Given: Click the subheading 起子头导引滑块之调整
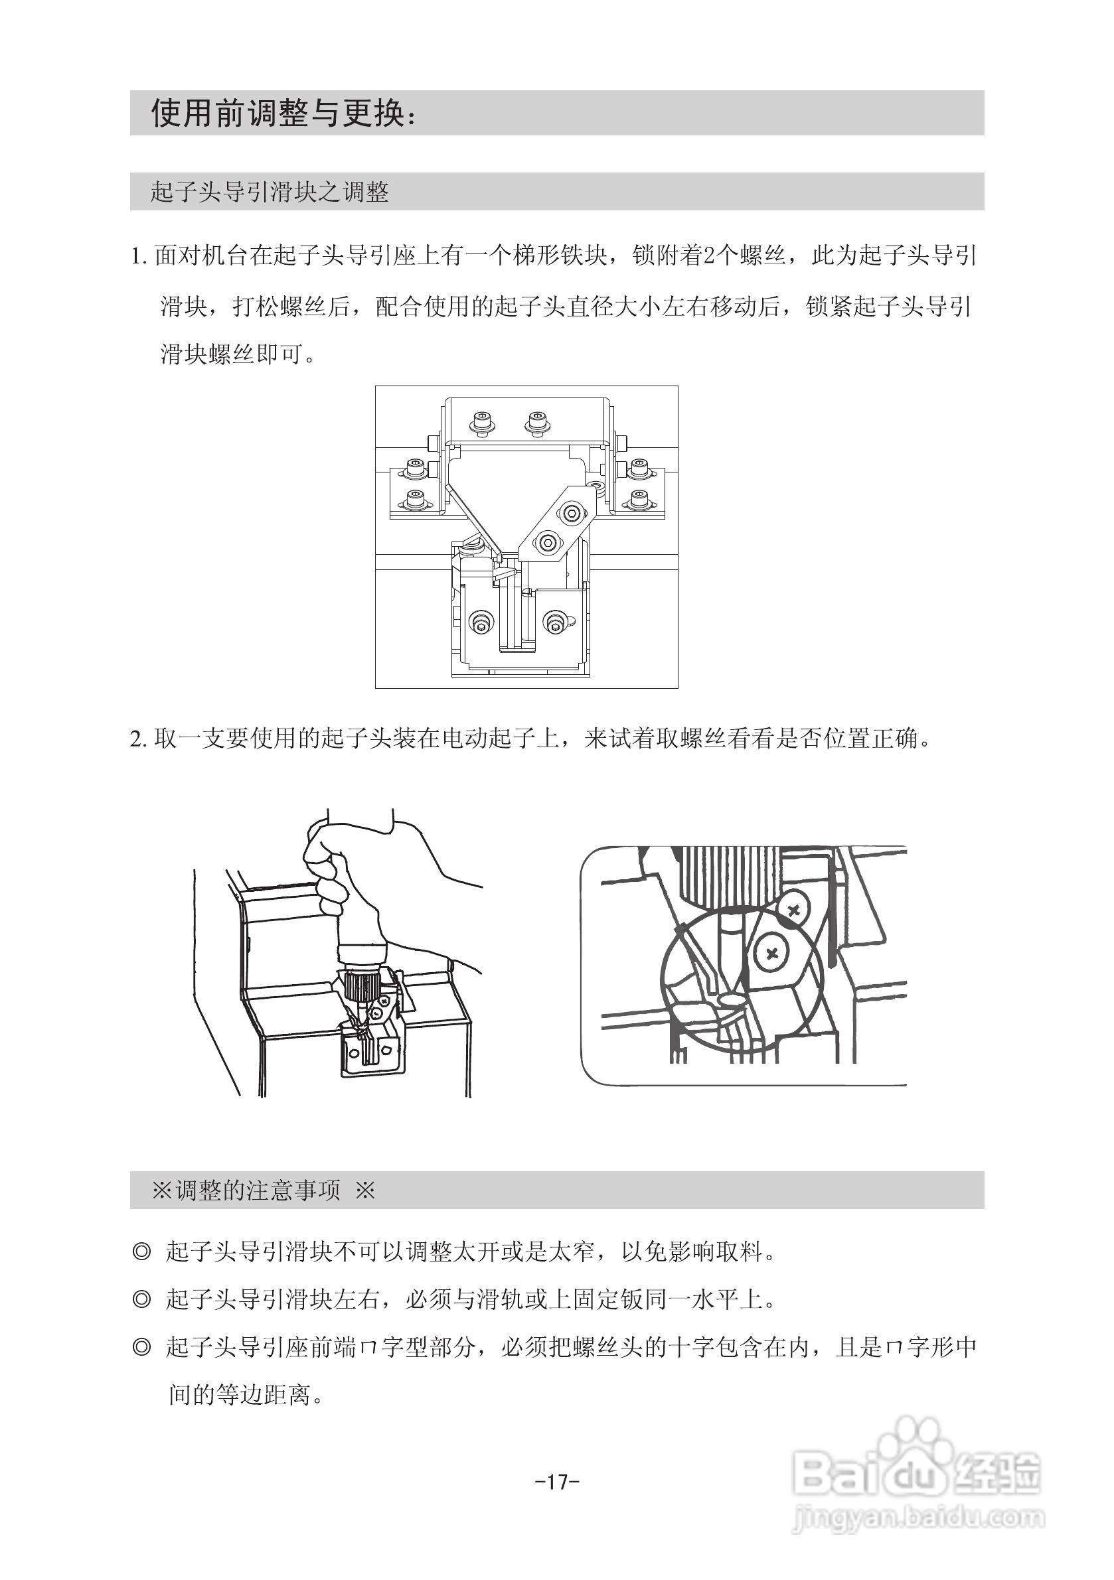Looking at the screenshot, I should click(x=269, y=192).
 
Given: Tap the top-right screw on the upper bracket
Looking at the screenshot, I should click(x=536, y=421).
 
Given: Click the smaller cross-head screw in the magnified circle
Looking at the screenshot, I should click(x=794, y=911).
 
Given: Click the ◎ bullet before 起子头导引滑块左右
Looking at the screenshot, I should click(x=141, y=1300).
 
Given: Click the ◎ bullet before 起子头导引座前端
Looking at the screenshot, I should click(x=141, y=1347).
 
